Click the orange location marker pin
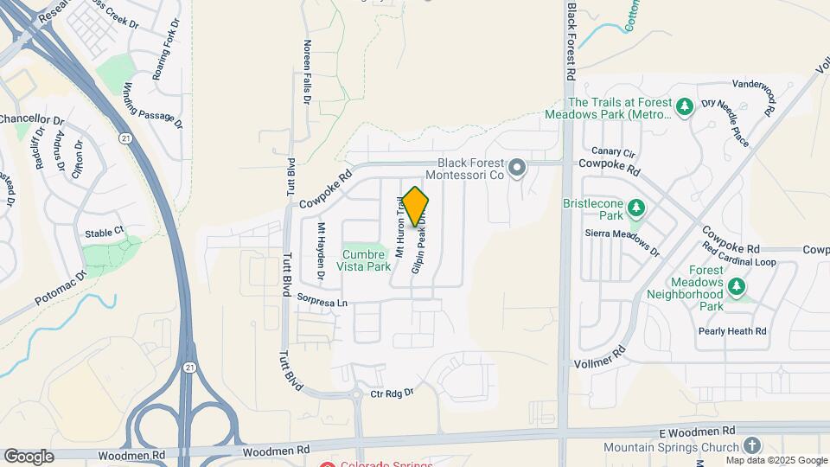click(415, 207)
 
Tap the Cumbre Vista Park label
click(366, 260)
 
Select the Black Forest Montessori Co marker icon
click(517, 167)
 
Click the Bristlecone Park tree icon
click(636, 208)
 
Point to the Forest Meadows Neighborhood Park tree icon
click(737, 285)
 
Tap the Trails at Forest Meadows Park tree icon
click(685, 107)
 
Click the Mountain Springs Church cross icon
click(752, 445)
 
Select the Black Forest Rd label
click(571, 41)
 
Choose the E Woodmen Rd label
click(696, 430)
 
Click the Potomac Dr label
click(61, 288)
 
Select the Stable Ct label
click(104, 233)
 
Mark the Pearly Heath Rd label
click(733, 331)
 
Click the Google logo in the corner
click(29, 456)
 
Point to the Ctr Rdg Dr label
click(393, 393)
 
